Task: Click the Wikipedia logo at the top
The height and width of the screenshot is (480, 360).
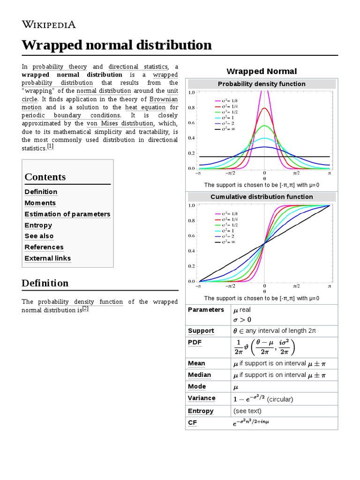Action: pos(48,24)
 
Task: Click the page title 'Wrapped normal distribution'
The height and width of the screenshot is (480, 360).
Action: pos(117,45)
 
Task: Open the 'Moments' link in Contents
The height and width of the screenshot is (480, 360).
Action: pos(40,203)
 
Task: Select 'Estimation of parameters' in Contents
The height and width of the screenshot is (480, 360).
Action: pos(67,214)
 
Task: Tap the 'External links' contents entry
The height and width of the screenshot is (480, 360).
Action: pos(48,258)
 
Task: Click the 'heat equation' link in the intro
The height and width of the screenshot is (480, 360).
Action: pos(145,107)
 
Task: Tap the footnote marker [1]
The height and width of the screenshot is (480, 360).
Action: pos(50,146)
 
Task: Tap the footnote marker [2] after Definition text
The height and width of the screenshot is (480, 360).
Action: pos(85,308)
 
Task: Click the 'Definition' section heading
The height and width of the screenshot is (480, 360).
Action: pos(45,283)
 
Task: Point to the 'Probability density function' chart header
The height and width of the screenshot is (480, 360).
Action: pos(262,84)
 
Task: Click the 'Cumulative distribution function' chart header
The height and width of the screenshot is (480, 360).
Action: pos(262,197)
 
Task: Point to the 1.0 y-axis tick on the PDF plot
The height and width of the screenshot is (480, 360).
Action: pos(191,93)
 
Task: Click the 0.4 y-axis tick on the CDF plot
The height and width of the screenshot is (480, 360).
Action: pos(191,251)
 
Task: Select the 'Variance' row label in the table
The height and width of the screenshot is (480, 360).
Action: pos(202,398)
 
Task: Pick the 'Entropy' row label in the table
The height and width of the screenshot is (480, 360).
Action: pos(201,411)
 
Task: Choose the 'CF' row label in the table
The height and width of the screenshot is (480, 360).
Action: pos(192,423)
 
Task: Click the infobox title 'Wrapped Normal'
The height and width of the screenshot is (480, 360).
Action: pos(262,71)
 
